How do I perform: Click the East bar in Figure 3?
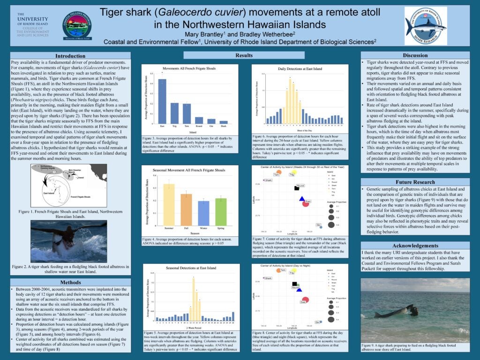click(x=162, y=101)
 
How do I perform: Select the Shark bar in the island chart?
click(x=224, y=122)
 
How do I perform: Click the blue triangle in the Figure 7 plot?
click(x=302, y=199)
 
